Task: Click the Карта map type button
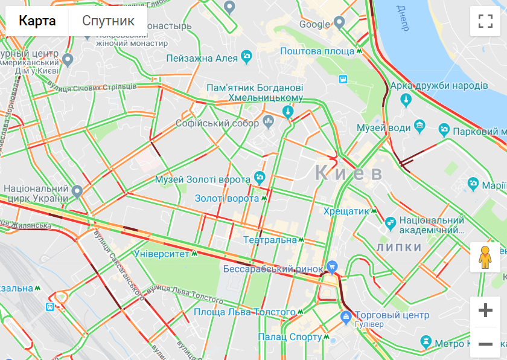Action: (x=37, y=21)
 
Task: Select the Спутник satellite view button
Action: (x=108, y=21)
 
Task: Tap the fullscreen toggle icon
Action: (x=485, y=21)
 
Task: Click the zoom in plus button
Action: (x=485, y=311)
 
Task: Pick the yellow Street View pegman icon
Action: (x=485, y=257)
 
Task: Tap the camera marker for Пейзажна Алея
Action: (x=246, y=57)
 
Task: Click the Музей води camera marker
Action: (x=420, y=127)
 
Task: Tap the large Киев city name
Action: (x=348, y=173)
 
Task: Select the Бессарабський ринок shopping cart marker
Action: (x=331, y=266)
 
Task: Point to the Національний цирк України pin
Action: (x=77, y=192)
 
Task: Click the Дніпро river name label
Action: (x=403, y=18)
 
